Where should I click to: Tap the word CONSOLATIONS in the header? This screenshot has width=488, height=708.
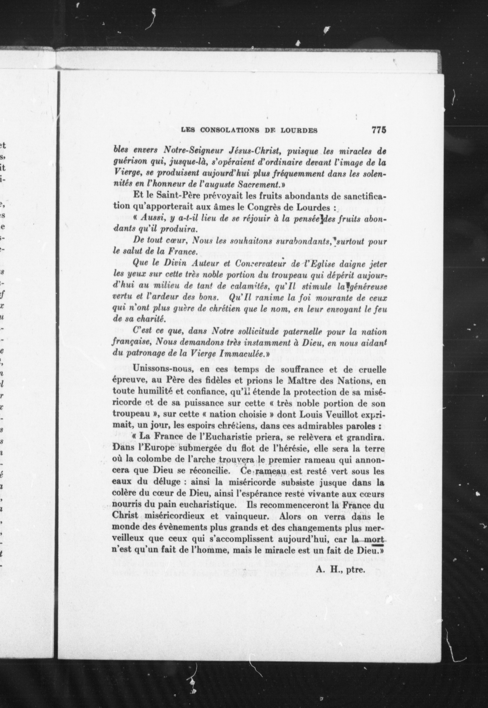click(229, 130)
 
